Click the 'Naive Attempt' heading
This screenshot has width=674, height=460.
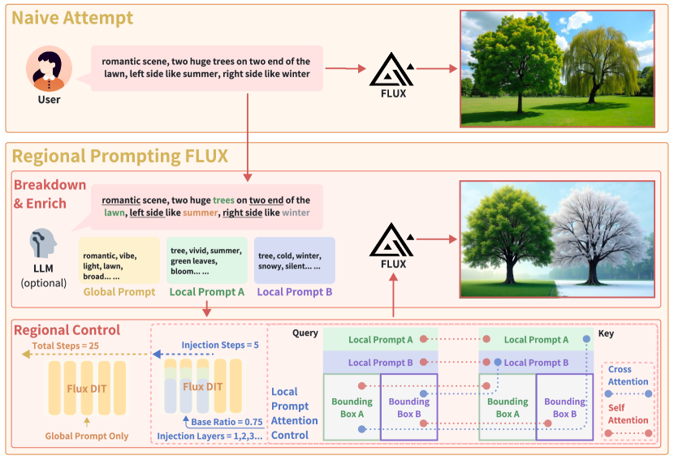(73, 18)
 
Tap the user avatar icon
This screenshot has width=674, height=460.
(49, 70)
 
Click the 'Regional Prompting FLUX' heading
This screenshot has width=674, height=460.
(119, 155)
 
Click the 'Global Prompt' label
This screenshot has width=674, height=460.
(119, 292)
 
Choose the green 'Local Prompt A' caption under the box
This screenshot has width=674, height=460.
(206, 292)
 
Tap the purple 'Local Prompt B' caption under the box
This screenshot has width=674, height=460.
(294, 292)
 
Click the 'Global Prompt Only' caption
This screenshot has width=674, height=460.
(86, 436)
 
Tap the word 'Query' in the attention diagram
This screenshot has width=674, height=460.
(305, 333)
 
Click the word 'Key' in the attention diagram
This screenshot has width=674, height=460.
(606, 333)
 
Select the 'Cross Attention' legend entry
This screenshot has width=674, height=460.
(629, 376)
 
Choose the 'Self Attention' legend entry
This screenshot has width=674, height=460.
(629, 415)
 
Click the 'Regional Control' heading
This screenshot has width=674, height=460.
(67, 330)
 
